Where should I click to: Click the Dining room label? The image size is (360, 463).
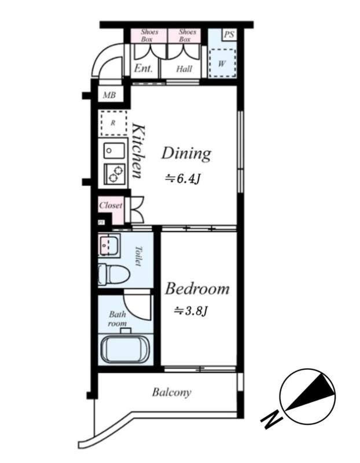pyautogui.click(x=186, y=153)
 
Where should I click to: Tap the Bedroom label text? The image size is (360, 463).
pyautogui.click(x=197, y=288)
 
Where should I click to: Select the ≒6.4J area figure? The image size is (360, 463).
pyautogui.click(x=183, y=179)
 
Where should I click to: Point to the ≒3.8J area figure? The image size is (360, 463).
pyautogui.click(x=192, y=311)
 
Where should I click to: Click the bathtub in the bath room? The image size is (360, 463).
pyautogui.click(x=125, y=350)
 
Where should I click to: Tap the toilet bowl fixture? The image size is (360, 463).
pyautogui.click(x=114, y=274)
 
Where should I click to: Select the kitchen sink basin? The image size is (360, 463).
pyautogui.click(x=114, y=150)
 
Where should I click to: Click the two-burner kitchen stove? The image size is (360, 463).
pyautogui.click(x=114, y=174)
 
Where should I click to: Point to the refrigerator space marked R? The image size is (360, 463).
pyautogui.click(x=113, y=123)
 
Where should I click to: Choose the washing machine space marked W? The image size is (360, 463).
pyautogui.click(x=222, y=63)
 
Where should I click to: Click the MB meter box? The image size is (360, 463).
pyautogui.click(x=109, y=95)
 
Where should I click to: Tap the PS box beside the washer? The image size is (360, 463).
pyautogui.click(x=229, y=35)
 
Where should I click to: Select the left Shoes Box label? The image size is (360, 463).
pyautogui.click(x=149, y=35)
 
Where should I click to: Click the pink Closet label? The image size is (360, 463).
pyautogui.click(x=111, y=205)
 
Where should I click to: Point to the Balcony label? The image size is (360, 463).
pyautogui.click(x=172, y=392)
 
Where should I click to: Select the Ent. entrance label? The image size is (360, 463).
pyautogui.click(x=144, y=68)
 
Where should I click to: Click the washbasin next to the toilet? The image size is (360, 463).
pyautogui.click(x=109, y=245)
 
